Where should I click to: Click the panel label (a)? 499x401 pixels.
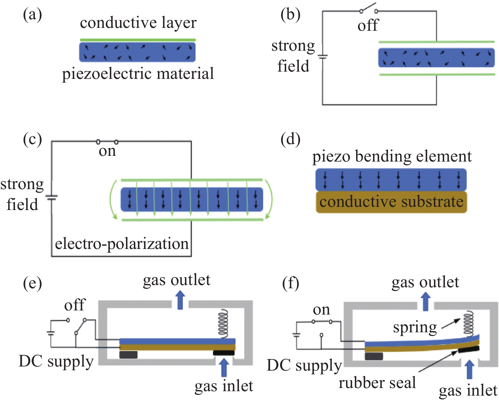[32, 15]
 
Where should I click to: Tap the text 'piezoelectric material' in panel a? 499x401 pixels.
[138, 73]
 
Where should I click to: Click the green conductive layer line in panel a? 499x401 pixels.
[138, 40]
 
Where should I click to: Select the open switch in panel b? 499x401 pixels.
[368, 10]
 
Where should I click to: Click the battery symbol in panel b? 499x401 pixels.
[323, 57]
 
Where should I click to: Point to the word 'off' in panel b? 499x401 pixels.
[368, 25]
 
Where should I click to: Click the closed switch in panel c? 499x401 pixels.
[107, 142]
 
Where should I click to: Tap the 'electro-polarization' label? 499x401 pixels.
[122, 244]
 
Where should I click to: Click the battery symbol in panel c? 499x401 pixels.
[51, 197]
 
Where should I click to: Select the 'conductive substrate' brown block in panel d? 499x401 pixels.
[391, 202]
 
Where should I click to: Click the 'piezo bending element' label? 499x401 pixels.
[392, 156]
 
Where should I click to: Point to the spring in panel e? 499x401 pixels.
[223, 324]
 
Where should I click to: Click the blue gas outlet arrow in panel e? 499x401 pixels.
[180, 300]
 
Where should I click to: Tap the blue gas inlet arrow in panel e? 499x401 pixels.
[224, 367]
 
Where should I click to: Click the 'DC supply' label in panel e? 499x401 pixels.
[56, 361]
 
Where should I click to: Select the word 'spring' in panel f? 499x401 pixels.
[415, 327]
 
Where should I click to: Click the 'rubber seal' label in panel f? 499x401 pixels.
[377, 383]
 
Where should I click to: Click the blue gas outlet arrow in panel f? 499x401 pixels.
[425, 301]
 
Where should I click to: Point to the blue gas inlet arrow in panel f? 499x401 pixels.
[469, 370]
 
